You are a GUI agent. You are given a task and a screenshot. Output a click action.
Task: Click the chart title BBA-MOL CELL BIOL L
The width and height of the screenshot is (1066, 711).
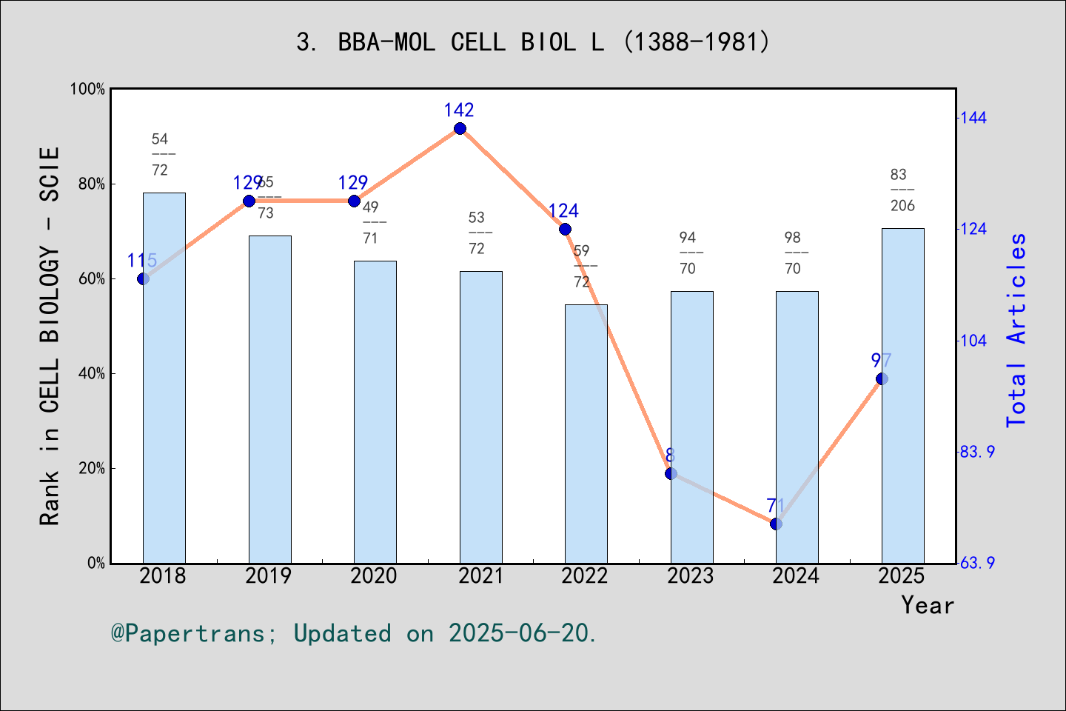(x=533, y=41)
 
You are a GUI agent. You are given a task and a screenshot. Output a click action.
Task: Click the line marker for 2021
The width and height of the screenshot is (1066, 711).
(x=460, y=129)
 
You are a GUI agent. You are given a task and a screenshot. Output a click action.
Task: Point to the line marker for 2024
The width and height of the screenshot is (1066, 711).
(x=776, y=524)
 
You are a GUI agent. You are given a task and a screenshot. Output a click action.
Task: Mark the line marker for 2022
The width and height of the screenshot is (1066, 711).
(x=565, y=230)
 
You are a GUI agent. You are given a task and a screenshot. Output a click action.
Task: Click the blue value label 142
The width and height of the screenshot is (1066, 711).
(x=459, y=110)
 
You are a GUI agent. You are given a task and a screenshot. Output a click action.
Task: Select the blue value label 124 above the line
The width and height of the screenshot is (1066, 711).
(x=563, y=211)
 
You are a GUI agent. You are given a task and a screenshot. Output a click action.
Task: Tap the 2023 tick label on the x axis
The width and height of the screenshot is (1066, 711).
(x=690, y=576)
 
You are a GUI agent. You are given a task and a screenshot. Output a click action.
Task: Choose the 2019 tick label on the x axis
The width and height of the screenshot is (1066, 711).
(x=268, y=576)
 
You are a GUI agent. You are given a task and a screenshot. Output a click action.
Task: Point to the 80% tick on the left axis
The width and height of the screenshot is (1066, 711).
(x=92, y=184)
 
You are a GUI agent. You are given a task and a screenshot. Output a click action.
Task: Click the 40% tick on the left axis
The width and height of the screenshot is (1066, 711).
(x=92, y=373)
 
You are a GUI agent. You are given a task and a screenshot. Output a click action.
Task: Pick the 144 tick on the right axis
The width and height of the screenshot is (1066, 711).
(x=973, y=118)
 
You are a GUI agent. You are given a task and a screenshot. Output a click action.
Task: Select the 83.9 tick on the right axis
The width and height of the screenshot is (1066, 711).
(x=977, y=452)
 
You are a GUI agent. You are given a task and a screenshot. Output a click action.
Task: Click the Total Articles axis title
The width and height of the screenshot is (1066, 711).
(x=1017, y=330)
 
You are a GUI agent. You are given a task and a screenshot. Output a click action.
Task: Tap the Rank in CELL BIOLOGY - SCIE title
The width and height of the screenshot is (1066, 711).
(x=50, y=336)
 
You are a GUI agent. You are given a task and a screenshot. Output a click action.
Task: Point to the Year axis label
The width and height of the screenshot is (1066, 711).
(x=928, y=606)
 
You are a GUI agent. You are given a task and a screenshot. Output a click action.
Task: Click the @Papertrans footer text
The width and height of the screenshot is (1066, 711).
(x=354, y=633)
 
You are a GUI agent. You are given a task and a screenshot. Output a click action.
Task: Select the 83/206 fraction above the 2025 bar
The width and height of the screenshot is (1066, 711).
(x=902, y=190)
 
